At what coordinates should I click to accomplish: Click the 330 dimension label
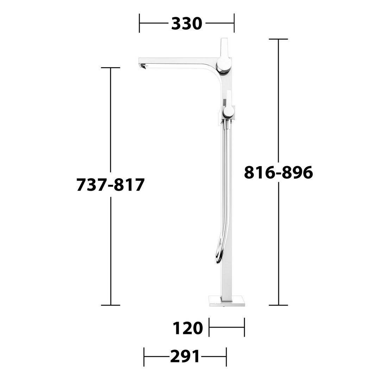186,24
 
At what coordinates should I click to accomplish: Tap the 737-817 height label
110,185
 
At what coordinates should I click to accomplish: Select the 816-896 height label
278,172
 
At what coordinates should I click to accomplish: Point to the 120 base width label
188,328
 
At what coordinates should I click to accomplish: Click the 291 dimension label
185,356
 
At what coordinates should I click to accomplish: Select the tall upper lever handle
224,48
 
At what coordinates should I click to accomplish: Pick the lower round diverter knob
229,111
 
